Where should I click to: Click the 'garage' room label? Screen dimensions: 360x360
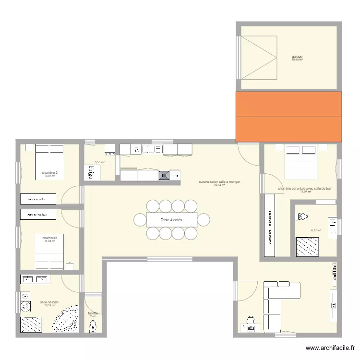tap(297, 57)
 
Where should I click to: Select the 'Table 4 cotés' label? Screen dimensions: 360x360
tap(171, 220)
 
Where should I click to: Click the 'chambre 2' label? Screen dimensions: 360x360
tap(50, 173)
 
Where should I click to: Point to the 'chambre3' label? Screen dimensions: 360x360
tap(50, 238)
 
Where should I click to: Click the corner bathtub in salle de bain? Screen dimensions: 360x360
tap(65, 319)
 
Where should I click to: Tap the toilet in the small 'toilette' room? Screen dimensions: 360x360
tap(93, 326)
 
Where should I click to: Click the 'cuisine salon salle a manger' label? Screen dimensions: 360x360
tap(220, 182)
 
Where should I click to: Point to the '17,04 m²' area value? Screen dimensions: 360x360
tap(306, 192)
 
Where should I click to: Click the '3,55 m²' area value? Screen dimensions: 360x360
tap(99, 162)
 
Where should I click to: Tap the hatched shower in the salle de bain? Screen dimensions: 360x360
tap(31, 324)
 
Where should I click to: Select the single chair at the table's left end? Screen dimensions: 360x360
tap(140, 220)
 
